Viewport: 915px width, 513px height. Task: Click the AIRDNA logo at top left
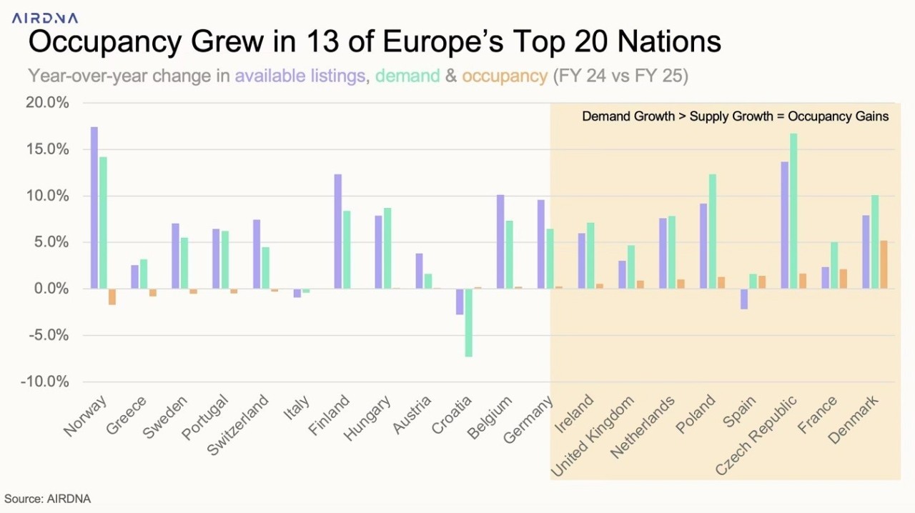click(x=44, y=18)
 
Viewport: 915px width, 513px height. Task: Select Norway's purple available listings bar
click(x=94, y=207)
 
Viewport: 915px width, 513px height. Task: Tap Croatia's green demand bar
click(x=469, y=322)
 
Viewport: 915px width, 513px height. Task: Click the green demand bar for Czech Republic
click(x=793, y=211)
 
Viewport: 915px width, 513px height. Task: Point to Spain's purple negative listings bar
click(x=744, y=299)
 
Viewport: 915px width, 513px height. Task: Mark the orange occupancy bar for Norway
click(x=112, y=297)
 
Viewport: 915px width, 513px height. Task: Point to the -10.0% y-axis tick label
click(x=45, y=382)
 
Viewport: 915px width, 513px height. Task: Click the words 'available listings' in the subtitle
click(x=300, y=76)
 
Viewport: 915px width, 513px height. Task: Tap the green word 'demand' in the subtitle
click(x=407, y=76)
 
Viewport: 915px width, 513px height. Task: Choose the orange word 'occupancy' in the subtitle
click(x=505, y=76)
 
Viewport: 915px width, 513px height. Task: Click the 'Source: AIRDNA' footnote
click(x=48, y=499)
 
